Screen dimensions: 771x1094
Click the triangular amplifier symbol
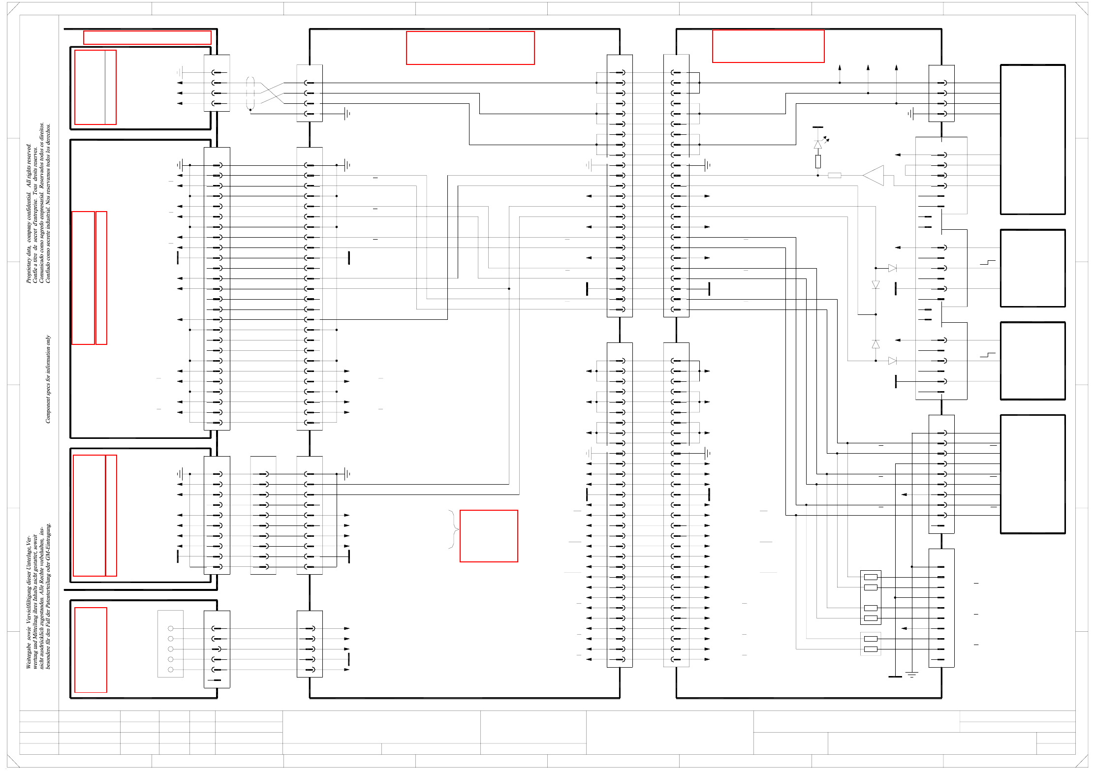(x=874, y=176)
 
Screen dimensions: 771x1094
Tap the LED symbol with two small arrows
(x=818, y=144)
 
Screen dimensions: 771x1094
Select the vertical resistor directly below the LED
(x=818, y=161)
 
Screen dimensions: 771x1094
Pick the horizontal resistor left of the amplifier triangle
(x=835, y=176)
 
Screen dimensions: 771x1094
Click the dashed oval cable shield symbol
(x=250, y=93)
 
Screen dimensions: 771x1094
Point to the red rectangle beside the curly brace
(x=489, y=536)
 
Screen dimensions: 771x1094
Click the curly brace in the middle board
(x=453, y=529)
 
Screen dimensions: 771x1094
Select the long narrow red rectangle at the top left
(x=147, y=38)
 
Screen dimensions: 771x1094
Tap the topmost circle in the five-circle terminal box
(x=171, y=628)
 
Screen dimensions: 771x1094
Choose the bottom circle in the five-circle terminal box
(x=171, y=670)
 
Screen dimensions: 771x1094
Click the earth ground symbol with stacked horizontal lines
(x=912, y=675)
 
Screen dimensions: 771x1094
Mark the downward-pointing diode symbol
(x=875, y=285)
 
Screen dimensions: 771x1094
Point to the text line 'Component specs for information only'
(x=48, y=379)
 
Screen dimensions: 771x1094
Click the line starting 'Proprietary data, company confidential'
(x=29, y=213)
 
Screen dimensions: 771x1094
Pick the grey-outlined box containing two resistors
(x=871, y=644)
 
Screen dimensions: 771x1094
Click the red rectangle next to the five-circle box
(x=91, y=650)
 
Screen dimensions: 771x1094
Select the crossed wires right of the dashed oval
(x=272, y=93)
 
